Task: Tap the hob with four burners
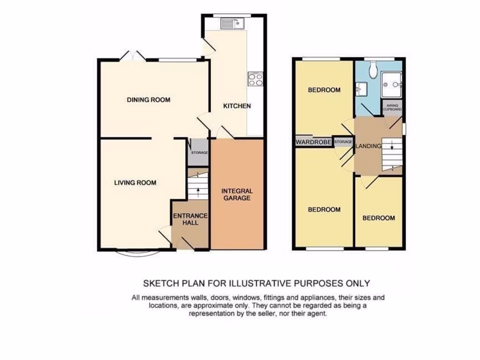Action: (x=255, y=79)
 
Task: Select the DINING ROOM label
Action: (x=148, y=100)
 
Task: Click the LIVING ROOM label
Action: (x=135, y=183)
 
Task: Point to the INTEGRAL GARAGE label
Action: (x=237, y=195)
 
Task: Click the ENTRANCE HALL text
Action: (x=190, y=219)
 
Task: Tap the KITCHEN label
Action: (x=237, y=106)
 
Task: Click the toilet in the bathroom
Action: (x=373, y=70)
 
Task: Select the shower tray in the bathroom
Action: (x=392, y=85)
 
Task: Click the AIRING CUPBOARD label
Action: (x=392, y=107)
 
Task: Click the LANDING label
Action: (x=368, y=146)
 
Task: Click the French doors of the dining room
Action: (x=133, y=56)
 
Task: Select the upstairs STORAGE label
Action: (x=343, y=142)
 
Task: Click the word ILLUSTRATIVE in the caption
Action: (x=259, y=283)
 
